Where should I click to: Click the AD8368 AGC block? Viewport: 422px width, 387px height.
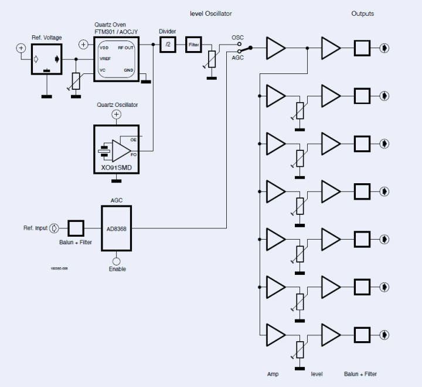tap(117, 230)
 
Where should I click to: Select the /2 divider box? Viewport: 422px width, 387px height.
tap(168, 45)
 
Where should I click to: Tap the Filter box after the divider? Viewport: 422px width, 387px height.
tap(193, 45)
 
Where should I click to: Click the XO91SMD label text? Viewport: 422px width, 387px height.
tap(116, 167)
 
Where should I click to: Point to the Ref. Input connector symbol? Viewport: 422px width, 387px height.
tap(55, 228)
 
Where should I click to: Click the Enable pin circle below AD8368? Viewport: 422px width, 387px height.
tap(117, 261)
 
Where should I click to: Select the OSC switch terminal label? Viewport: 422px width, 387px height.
tap(237, 38)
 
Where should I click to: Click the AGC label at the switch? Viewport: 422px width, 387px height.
tap(237, 58)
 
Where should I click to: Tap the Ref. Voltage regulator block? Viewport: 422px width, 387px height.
tap(47, 59)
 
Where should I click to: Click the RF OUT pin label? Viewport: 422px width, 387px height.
tap(125, 47)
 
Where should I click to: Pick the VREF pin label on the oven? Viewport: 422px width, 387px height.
tap(105, 59)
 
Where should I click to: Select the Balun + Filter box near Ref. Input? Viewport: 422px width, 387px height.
tap(76, 228)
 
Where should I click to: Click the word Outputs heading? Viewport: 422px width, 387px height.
tap(362, 14)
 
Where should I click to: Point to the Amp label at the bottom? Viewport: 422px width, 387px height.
tap(273, 373)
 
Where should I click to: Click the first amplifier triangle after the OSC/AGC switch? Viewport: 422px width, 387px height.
tap(275, 47)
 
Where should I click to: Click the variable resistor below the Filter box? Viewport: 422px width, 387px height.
tap(212, 60)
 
